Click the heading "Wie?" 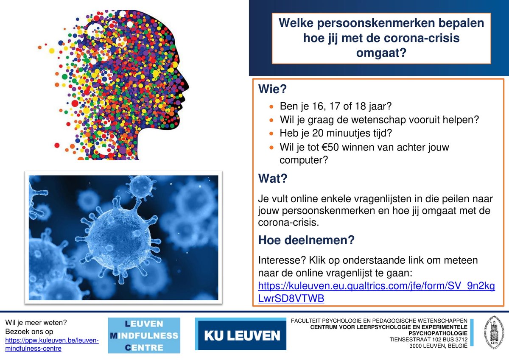272,89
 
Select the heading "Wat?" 272,179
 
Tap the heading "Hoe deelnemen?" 306,240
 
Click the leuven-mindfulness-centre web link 52,344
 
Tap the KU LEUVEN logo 241,336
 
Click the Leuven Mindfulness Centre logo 144,335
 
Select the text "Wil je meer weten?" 36,323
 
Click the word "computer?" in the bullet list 303,160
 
